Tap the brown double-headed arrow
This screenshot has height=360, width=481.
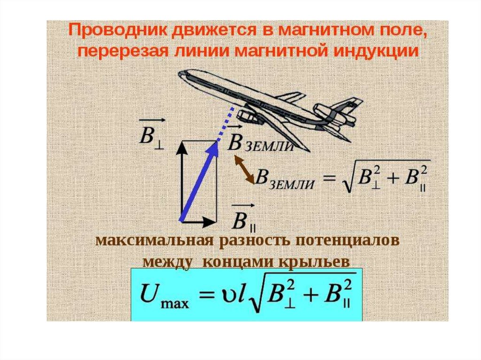click(x=243, y=169)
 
